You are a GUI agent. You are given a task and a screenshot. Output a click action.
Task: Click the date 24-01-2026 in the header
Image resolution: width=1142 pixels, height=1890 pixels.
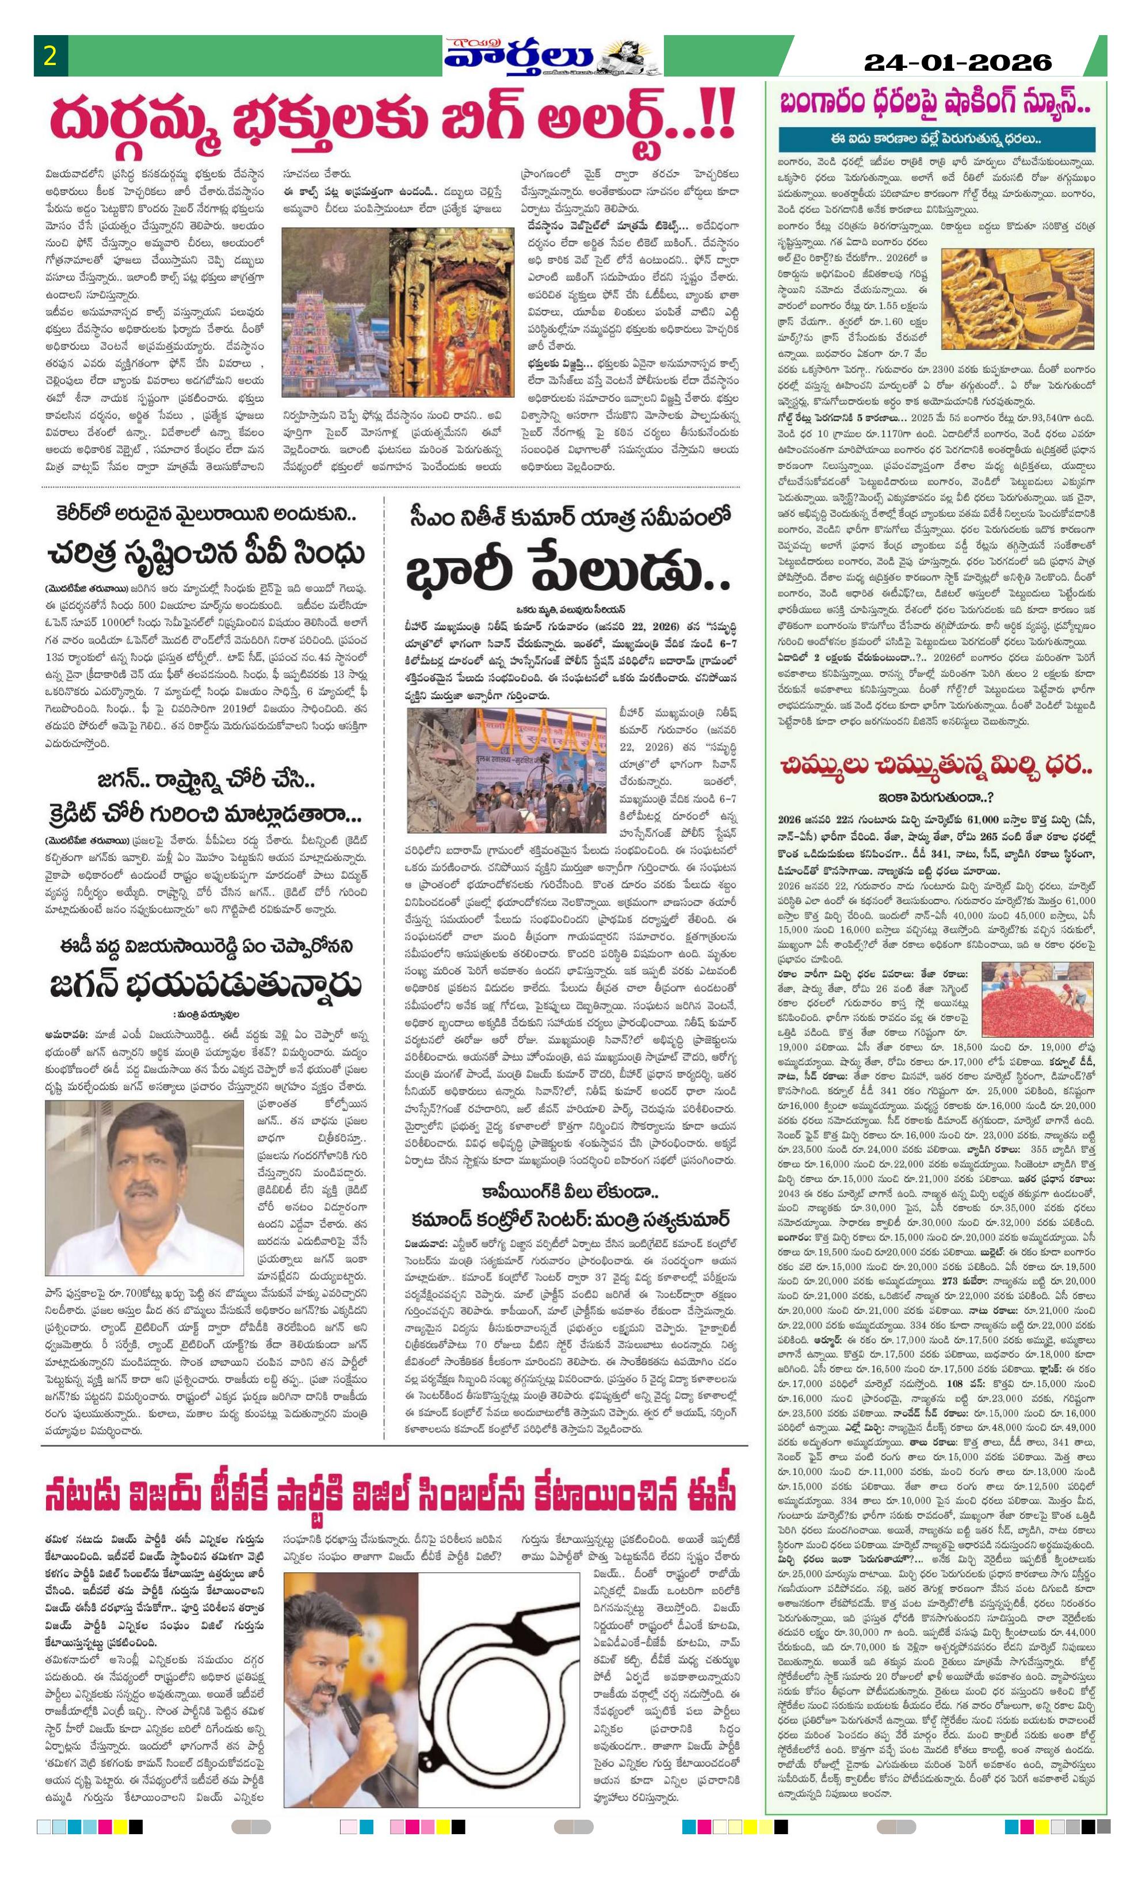958,62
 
